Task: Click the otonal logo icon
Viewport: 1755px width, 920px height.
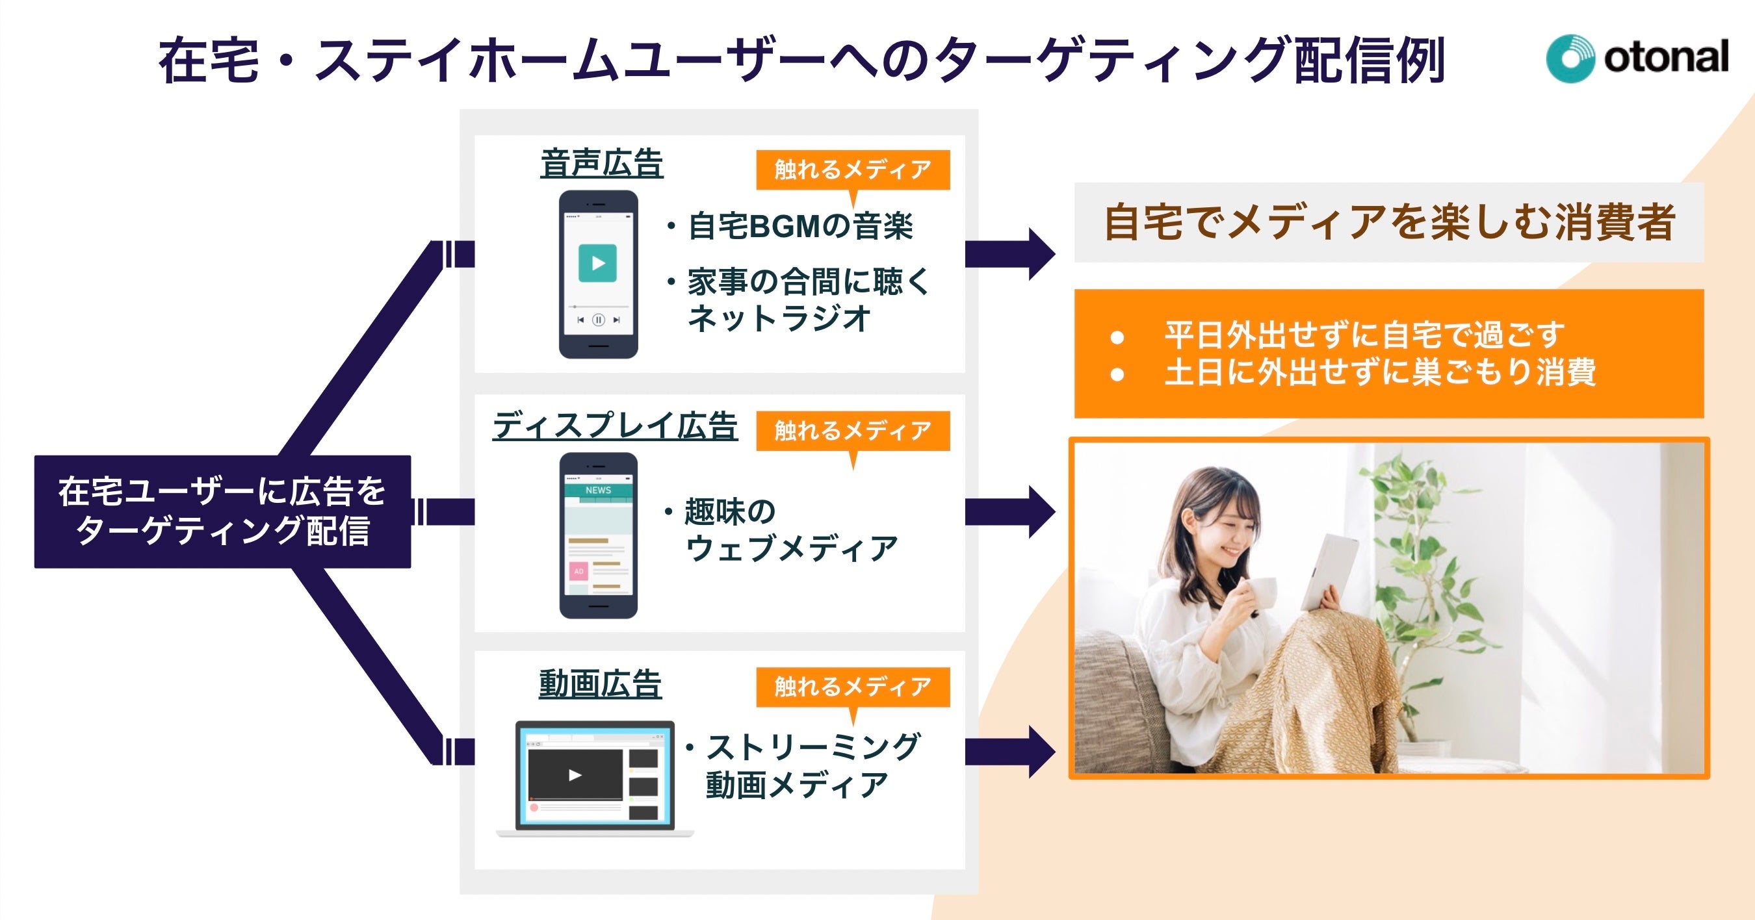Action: [1570, 58]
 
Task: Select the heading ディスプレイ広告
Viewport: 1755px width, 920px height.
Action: [614, 426]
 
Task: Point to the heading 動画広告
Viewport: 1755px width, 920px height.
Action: [599, 684]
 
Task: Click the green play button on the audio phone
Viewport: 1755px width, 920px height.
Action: [597, 263]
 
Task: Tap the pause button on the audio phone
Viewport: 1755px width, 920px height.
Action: [598, 320]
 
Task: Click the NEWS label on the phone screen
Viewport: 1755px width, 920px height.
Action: [598, 491]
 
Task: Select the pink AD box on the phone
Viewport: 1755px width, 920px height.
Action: [578, 571]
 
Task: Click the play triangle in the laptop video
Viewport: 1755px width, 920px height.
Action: [575, 775]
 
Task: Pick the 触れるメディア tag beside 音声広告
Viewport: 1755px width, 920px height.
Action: [852, 170]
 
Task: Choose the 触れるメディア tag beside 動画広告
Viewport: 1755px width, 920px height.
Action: [852, 686]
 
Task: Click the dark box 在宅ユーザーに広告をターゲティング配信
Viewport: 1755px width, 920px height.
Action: [222, 511]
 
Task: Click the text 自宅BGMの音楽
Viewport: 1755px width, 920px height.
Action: [801, 226]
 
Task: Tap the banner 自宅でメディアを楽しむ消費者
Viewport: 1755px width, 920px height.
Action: [1388, 222]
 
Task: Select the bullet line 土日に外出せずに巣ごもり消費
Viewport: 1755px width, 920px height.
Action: [1379, 372]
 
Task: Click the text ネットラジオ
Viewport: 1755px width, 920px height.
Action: [779, 318]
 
